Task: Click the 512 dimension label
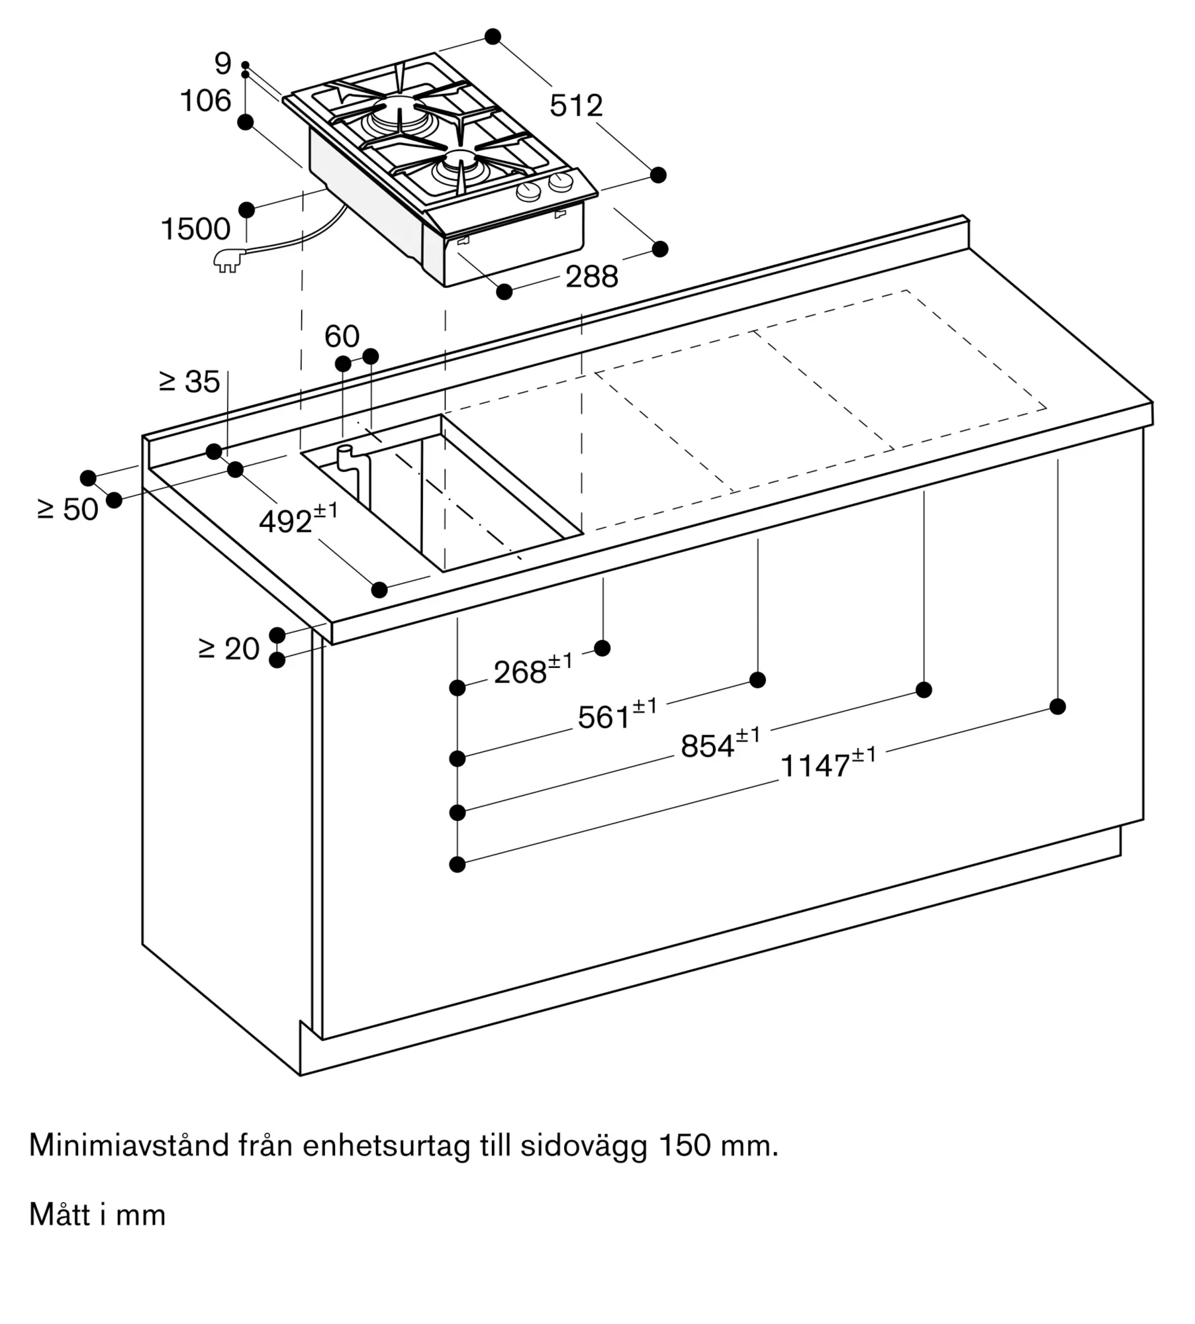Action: pyautogui.click(x=576, y=106)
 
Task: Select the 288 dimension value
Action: pyautogui.click(x=592, y=277)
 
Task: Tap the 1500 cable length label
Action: pyautogui.click(x=195, y=229)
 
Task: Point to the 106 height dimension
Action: pyautogui.click(x=206, y=101)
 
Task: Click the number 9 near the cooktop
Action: pyautogui.click(x=223, y=64)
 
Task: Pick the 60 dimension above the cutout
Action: pyautogui.click(x=342, y=336)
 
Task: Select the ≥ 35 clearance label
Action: pyautogui.click(x=190, y=382)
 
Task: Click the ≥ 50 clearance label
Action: pyautogui.click(x=68, y=509)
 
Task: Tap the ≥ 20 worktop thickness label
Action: pyautogui.click(x=229, y=649)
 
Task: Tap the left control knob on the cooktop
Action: pyautogui.click(x=528, y=193)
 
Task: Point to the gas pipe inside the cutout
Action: pyautogui.click(x=351, y=473)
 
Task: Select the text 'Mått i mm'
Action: pyautogui.click(x=97, y=1215)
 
